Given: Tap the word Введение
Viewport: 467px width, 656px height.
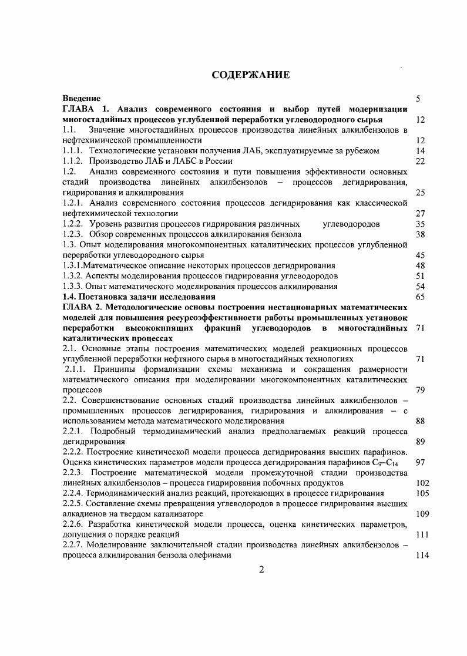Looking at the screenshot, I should [x=82, y=99].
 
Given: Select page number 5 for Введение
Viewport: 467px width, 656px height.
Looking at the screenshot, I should [x=418, y=99].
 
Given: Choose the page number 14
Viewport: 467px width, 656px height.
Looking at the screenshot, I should [x=419, y=151].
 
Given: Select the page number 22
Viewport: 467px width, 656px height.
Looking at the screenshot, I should [x=419, y=161].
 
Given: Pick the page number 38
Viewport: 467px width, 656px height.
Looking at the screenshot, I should [x=419, y=234].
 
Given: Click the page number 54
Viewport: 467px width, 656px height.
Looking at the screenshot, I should [x=419, y=286].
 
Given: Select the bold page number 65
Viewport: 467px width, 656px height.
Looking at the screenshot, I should [x=419, y=297].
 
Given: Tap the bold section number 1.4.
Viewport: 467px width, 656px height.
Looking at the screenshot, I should [x=69, y=297].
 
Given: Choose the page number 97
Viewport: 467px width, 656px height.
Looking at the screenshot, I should [x=419, y=463].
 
